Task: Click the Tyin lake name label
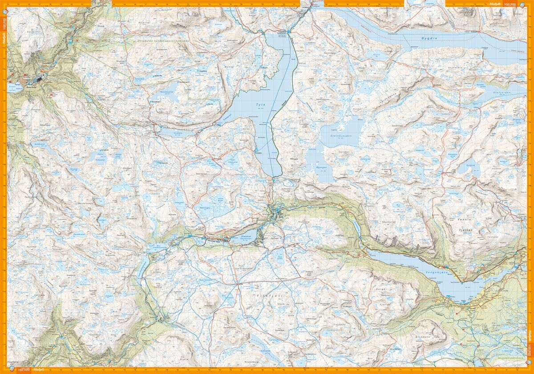(x=261, y=105)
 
